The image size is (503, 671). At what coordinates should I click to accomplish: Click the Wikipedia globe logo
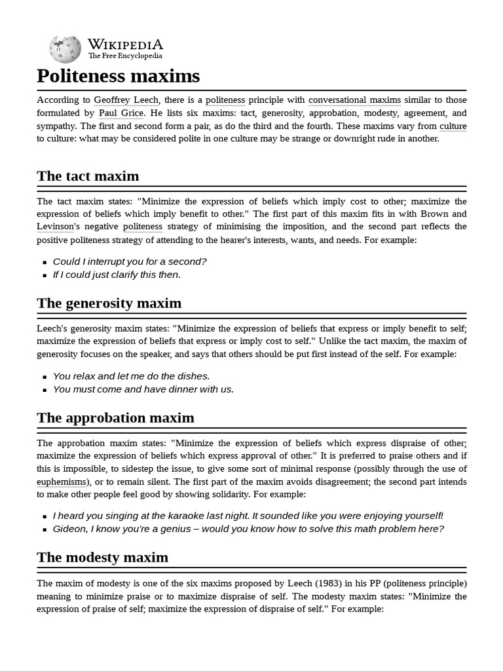[65, 48]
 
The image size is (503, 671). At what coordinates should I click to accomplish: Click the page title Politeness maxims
[118, 76]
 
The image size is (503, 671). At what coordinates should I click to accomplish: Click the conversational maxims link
[354, 100]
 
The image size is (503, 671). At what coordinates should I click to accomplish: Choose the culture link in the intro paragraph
[453, 126]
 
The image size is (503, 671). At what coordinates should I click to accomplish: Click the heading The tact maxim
[88, 176]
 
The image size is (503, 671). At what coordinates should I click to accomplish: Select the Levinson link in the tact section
[57, 227]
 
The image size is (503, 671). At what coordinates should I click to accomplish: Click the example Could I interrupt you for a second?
[130, 261]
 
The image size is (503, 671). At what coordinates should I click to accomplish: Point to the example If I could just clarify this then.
[117, 275]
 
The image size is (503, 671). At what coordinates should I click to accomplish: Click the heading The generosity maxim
[109, 303]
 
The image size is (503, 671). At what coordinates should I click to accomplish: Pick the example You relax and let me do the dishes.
[131, 376]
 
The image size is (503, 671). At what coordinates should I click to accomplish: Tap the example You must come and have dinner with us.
[143, 389]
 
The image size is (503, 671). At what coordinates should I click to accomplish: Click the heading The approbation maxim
[115, 417]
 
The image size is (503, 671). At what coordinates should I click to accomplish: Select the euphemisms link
[62, 482]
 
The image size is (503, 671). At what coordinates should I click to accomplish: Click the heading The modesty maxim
[102, 557]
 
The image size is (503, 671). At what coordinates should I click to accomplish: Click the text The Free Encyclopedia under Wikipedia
[125, 56]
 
